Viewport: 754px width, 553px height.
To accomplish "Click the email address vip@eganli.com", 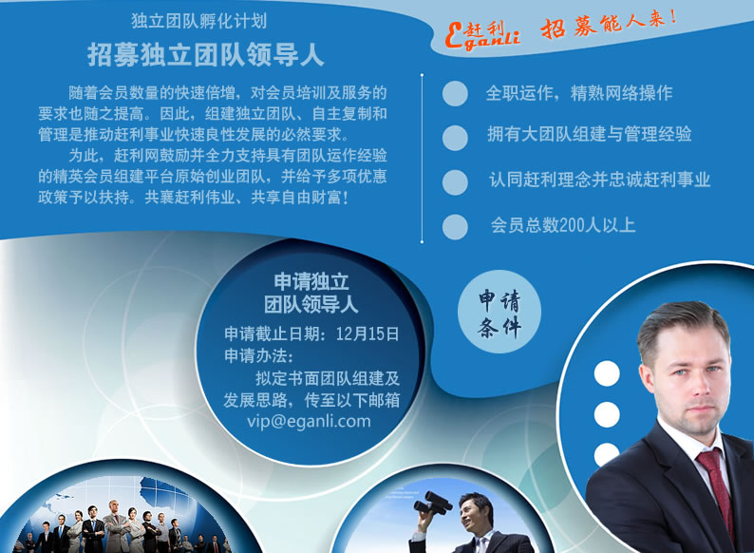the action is click(x=309, y=422).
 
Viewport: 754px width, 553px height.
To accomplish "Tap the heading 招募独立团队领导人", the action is click(x=206, y=55).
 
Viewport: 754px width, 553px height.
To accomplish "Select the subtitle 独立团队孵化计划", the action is click(x=199, y=21).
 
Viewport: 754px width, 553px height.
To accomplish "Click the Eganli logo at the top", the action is click(x=482, y=35).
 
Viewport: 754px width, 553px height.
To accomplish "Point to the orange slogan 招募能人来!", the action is click(x=609, y=25).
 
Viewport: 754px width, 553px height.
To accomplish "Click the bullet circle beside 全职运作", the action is click(x=455, y=93).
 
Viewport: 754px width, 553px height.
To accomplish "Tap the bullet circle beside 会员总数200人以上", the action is click(x=455, y=227).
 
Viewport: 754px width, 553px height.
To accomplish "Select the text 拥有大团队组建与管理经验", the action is click(x=589, y=134).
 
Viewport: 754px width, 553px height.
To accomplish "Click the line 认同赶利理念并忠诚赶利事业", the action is click(x=599, y=180).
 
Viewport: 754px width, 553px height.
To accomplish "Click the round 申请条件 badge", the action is click(x=500, y=312).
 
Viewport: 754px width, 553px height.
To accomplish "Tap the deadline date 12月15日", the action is click(x=368, y=334).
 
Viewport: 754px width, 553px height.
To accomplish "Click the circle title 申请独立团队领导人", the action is click(x=311, y=293).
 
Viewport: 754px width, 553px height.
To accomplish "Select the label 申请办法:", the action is click(x=258, y=356).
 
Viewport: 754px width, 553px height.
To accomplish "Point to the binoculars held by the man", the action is click(x=433, y=503).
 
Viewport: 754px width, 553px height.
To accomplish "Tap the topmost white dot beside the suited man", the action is click(x=607, y=373).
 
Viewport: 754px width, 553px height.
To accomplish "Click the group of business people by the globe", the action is click(x=122, y=527).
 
